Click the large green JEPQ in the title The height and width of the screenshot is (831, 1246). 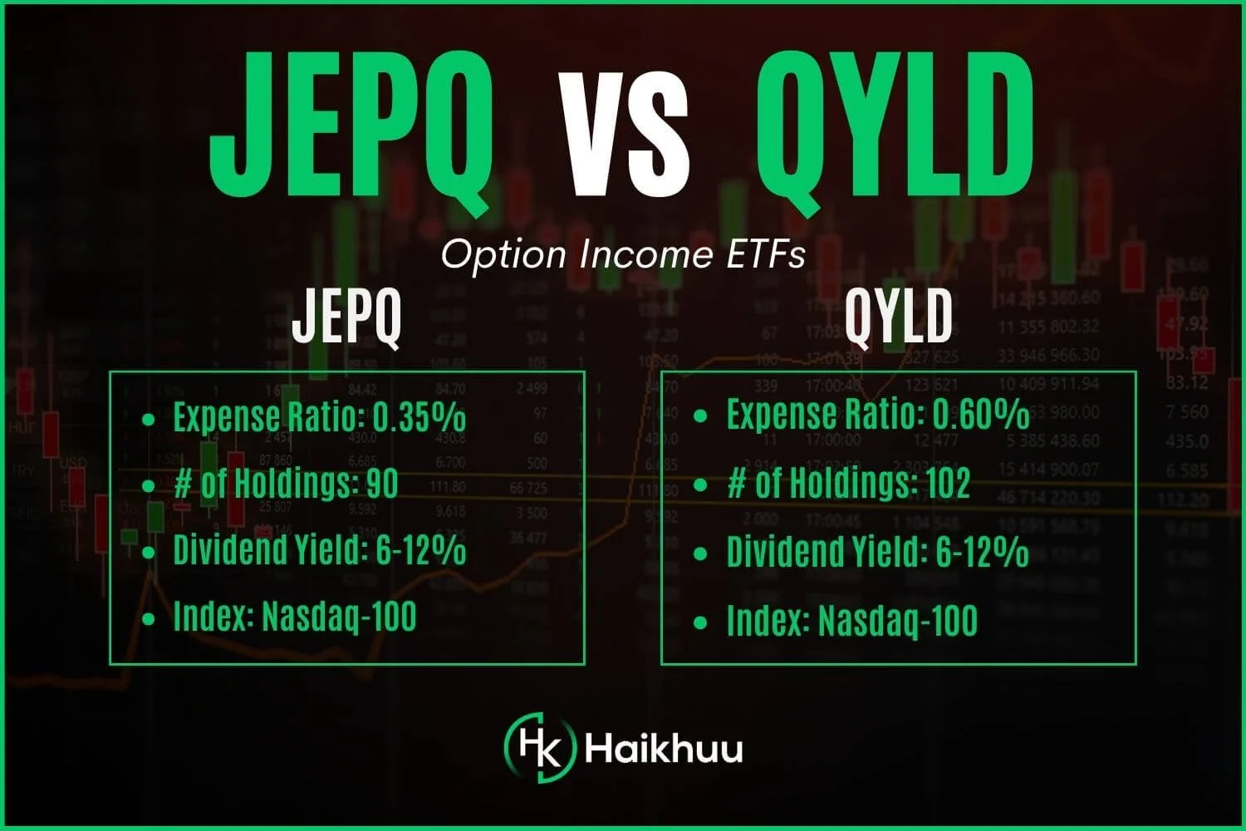[349, 125]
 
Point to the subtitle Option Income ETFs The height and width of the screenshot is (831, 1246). [623, 255]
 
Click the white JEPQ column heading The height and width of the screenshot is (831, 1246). [346, 317]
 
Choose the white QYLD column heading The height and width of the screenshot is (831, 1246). [899, 317]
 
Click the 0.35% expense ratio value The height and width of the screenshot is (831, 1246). [419, 416]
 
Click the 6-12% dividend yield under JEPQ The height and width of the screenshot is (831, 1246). [421, 551]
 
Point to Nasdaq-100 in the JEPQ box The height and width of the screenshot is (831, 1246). [339, 617]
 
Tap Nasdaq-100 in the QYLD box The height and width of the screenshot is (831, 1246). [897, 622]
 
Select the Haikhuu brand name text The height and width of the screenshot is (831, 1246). [664, 747]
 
